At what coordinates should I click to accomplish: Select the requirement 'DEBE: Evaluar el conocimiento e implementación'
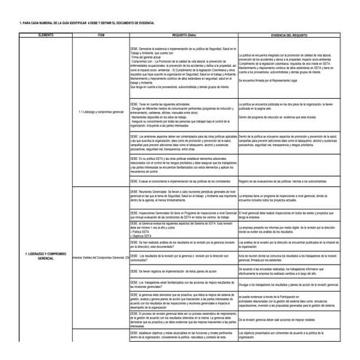coord(181,180)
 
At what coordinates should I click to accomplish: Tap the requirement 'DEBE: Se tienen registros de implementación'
coord(181,270)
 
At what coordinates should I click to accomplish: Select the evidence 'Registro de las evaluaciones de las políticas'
coord(291,180)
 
